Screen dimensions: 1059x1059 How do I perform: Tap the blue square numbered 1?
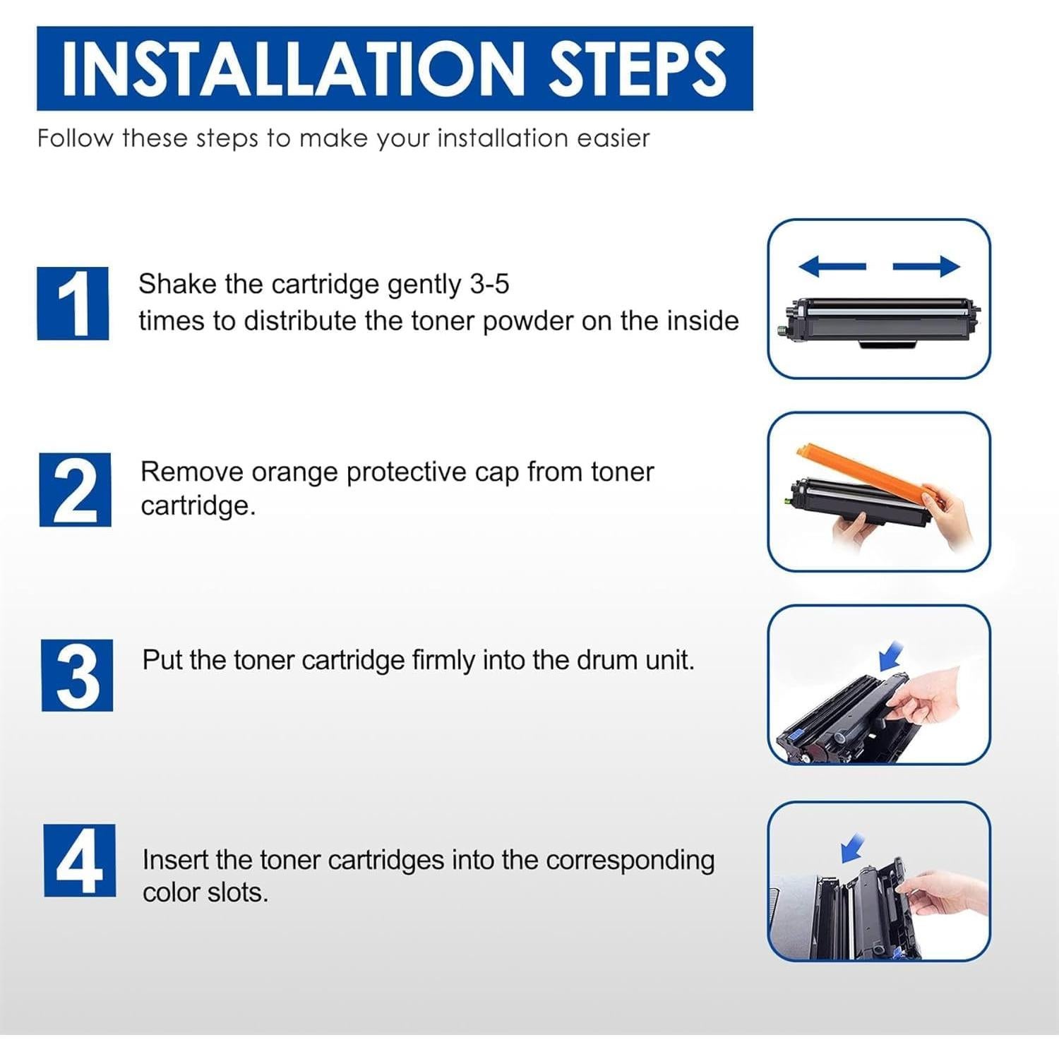click(73, 304)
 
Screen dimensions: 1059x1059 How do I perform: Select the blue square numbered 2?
click(75, 490)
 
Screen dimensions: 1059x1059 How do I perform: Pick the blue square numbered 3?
click(77, 676)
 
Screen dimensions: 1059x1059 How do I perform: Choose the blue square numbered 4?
click(80, 861)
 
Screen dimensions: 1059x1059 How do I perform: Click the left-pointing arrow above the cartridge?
click(832, 266)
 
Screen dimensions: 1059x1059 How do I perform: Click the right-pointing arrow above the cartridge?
click(926, 266)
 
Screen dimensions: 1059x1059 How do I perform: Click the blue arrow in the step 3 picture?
click(891, 656)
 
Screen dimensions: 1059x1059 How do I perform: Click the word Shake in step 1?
click(177, 284)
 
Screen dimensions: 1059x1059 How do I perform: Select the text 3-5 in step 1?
click(489, 284)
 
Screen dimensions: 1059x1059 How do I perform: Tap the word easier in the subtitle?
click(613, 138)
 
